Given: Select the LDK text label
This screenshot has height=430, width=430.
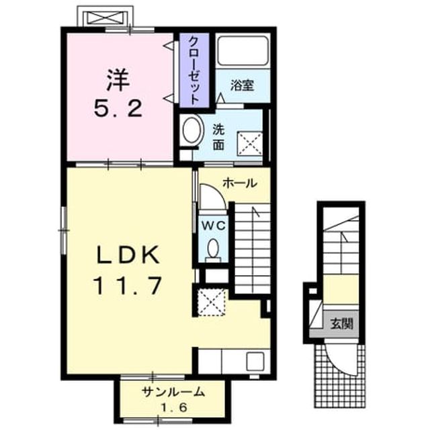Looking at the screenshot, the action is (x=128, y=255).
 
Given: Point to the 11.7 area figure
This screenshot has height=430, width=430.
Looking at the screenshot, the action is (x=128, y=285).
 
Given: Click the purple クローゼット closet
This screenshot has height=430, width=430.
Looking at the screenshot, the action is (x=194, y=70).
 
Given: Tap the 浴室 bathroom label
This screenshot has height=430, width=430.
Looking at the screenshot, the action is (x=242, y=85).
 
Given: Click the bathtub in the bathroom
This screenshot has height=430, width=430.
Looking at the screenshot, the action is (x=243, y=50).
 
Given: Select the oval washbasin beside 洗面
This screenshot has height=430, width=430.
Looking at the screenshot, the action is (x=193, y=130).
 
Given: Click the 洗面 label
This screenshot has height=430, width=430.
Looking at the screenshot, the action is (x=218, y=137).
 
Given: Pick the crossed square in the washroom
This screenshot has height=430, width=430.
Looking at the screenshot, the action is (x=249, y=143).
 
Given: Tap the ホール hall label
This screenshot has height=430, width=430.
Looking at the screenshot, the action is (x=240, y=183).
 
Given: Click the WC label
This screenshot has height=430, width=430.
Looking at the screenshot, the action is (x=214, y=226).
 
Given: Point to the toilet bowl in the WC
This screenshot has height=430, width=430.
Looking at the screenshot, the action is (x=213, y=248).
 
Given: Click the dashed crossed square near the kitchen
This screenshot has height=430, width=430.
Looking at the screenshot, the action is (x=212, y=302).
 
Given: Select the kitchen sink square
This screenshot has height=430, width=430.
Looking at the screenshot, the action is (x=255, y=361).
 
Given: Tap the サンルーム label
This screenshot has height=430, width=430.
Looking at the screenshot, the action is (x=173, y=392).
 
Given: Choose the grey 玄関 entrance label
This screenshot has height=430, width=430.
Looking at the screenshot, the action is (x=341, y=325).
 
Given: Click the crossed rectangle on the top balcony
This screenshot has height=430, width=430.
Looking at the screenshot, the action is (x=106, y=18).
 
